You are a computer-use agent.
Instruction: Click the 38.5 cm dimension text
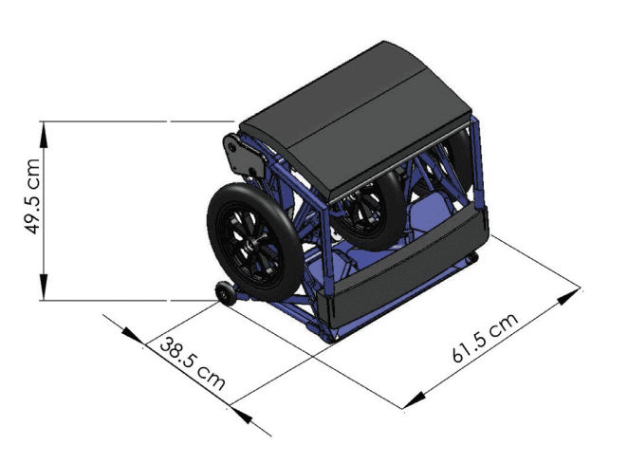[x=192, y=362]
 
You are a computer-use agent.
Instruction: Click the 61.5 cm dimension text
[x=486, y=339]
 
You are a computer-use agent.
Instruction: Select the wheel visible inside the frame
[x=371, y=209]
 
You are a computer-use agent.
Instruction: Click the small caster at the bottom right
[x=471, y=257]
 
